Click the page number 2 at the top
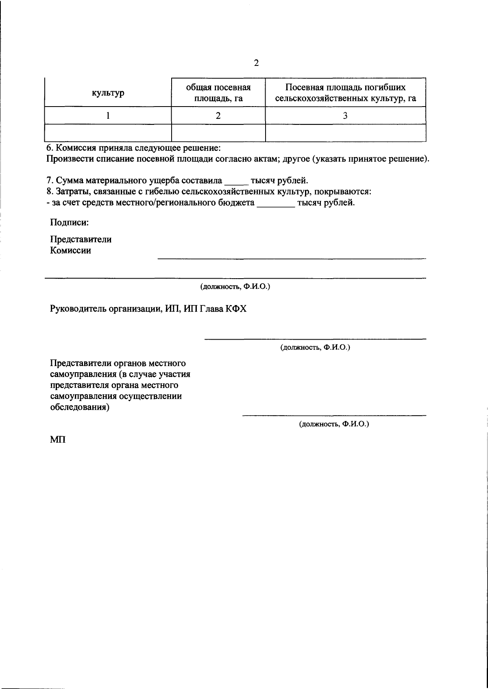click(x=256, y=63)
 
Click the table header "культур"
click(x=108, y=93)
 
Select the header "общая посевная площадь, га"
click(x=218, y=93)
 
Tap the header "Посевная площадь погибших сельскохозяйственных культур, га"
click(x=345, y=93)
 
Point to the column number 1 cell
click(x=108, y=116)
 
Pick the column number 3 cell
click(x=345, y=116)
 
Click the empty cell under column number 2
click(x=218, y=133)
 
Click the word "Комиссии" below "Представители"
click(x=70, y=251)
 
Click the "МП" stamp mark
click(x=58, y=440)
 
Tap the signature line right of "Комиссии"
click(x=292, y=258)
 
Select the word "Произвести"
click(x=70, y=159)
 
